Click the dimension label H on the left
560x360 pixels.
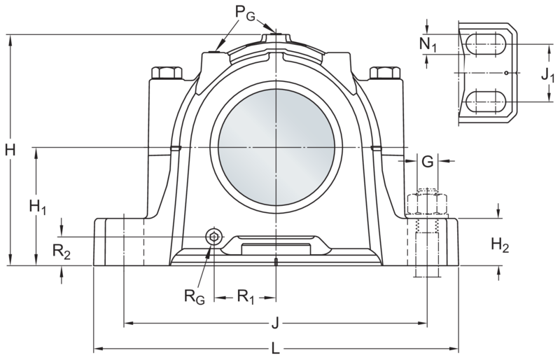[x=10, y=150]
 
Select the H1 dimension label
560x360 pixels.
[x=38, y=207]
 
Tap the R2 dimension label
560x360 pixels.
[x=62, y=251]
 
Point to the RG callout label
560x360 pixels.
[x=195, y=296]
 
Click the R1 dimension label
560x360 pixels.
[x=246, y=297]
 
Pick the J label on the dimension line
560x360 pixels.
[x=275, y=324]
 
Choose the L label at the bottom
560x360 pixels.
[x=275, y=348]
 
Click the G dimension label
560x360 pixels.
[x=428, y=162]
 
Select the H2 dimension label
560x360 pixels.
[x=500, y=245]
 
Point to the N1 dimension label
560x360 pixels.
[x=428, y=45]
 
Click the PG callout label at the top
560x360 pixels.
[x=246, y=13]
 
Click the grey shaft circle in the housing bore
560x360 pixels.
[x=276, y=147]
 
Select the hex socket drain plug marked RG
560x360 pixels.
[x=213, y=236]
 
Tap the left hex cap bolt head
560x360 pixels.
[x=167, y=73]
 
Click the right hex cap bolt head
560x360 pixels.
[x=385, y=73]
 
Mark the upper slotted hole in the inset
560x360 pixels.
[x=486, y=44]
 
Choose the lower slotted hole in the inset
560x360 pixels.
[x=486, y=102]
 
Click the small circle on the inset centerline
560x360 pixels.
[x=506, y=73]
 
